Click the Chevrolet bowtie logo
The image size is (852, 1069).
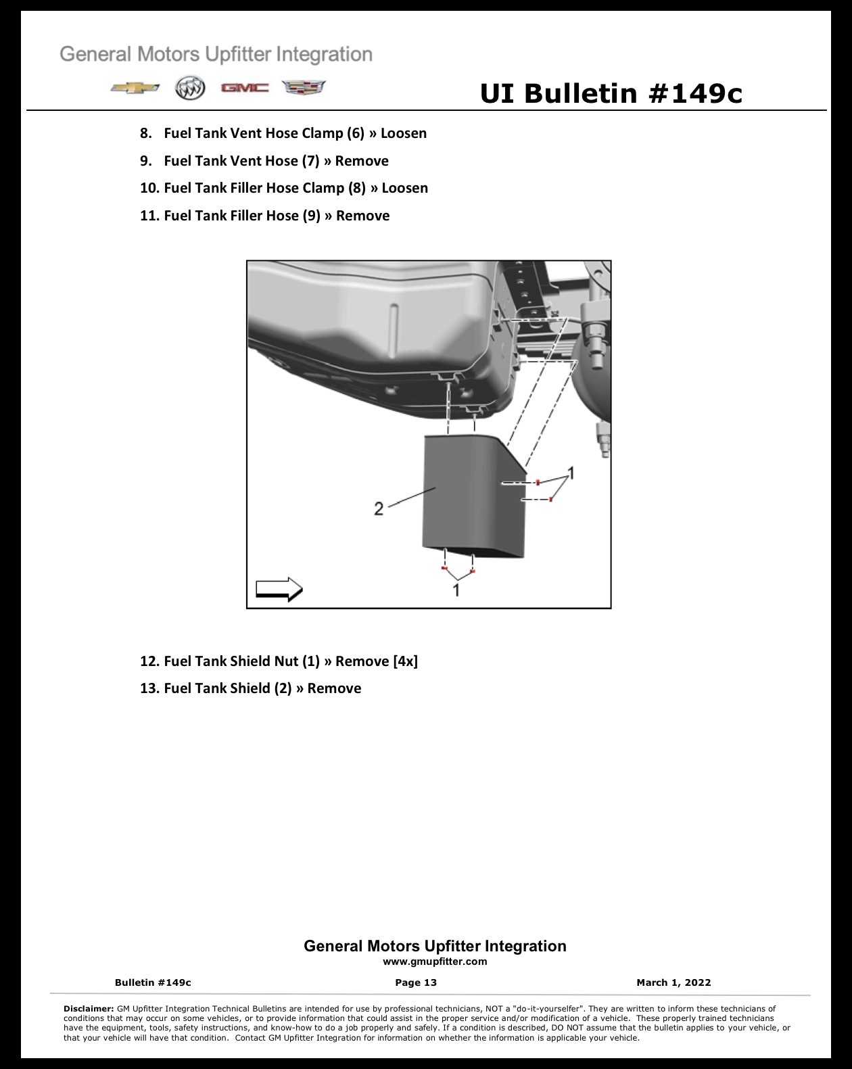[x=135, y=89]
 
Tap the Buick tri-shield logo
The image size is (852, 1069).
[x=190, y=89]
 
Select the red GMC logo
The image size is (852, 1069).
[x=245, y=89]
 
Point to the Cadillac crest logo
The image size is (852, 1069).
[x=304, y=87]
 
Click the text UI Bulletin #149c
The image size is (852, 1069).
[x=611, y=93]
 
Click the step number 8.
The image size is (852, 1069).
[x=145, y=133]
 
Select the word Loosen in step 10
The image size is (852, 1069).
[x=404, y=188]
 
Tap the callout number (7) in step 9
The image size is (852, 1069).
[x=310, y=161]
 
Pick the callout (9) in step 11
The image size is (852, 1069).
[x=312, y=216]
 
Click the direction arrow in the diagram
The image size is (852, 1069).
[x=279, y=590]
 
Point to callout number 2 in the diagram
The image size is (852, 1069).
[x=379, y=508]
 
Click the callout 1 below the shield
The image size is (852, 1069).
[x=456, y=590]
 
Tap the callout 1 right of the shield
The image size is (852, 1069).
[x=571, y=473]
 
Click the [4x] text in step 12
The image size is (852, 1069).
[x=405, y=661]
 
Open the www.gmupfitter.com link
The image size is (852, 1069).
[x=435, y=961]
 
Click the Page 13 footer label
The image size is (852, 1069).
[x=416, y=982]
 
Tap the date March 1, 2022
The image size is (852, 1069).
[x=673, y=982]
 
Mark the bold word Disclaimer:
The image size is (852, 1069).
[x=89, y=1008]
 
